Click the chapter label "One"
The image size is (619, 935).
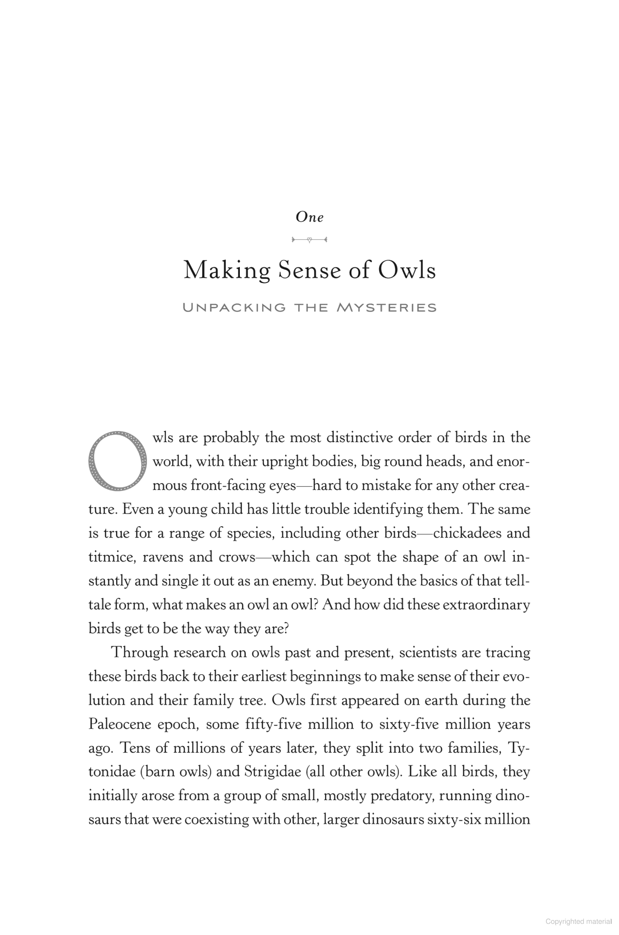click(309, 217)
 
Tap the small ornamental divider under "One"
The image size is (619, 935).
click(309, 239)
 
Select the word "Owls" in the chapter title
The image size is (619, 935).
click(407, 270)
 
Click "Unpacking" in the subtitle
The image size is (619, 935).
click(234, 308)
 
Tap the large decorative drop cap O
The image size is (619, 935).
click(117, 460)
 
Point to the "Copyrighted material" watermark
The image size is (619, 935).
click(578, 921)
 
